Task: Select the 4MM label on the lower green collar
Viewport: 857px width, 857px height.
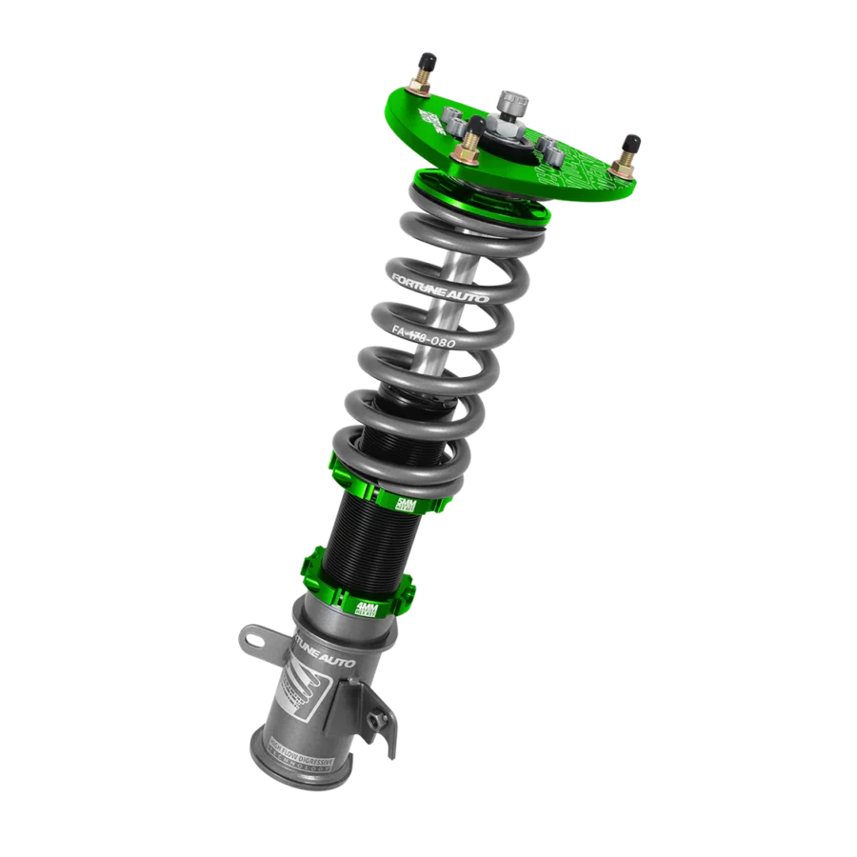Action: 369,608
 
